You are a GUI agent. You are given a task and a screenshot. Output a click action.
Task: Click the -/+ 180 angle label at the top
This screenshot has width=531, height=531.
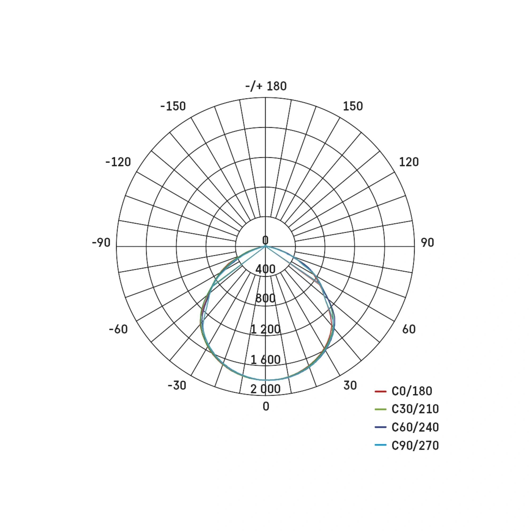pos(266,86)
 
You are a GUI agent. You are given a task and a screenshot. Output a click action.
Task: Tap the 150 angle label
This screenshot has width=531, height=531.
pos(353,106)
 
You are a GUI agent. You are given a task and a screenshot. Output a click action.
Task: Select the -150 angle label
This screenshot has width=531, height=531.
pos(173,106)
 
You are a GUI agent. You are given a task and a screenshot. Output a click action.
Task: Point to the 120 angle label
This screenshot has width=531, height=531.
pos(409,162)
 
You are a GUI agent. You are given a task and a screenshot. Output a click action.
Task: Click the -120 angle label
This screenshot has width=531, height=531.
pos(118,162)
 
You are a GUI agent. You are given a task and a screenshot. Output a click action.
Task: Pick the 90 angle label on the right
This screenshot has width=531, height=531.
pos(427,243)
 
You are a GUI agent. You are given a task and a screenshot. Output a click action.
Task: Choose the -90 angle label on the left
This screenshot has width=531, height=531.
pos(101,243)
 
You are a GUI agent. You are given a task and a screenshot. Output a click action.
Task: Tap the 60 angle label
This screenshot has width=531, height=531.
pos(409,329)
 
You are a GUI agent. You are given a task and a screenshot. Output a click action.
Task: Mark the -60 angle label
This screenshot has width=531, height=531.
pos(118,329)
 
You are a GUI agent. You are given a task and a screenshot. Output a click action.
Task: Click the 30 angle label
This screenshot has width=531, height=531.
pos(350,385)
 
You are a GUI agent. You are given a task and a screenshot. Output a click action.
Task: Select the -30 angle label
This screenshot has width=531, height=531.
pos(177,385)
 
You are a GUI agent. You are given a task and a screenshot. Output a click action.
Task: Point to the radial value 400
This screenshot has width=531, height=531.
pos(265,269)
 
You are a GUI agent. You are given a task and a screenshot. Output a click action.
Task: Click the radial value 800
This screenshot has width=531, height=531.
pos(265,298)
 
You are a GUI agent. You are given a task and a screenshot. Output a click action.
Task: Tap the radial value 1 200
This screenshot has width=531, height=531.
pos(265,329)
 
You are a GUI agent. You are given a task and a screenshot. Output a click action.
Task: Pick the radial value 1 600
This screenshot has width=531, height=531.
pos(265,359)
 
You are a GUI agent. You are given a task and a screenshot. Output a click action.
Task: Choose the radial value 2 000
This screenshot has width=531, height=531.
pos(265,389)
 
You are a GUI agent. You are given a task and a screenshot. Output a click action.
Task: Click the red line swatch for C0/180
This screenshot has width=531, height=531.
pos(381,391)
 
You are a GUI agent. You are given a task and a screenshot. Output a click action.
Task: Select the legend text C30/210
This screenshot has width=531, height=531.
pos(415,409)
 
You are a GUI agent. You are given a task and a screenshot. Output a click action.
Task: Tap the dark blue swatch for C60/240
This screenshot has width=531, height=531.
pos(381,427)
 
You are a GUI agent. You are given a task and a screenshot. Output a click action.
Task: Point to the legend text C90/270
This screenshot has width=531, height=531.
pos(415,445)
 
